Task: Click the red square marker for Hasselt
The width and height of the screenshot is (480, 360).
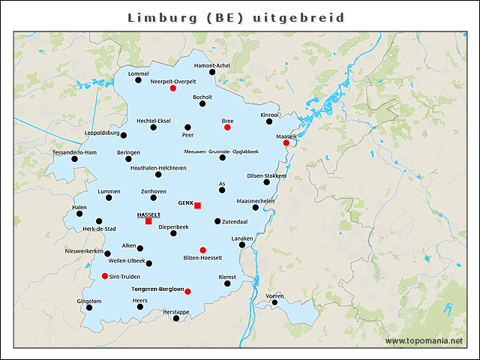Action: point(148,221)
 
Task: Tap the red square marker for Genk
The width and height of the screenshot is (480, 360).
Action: point(198,205)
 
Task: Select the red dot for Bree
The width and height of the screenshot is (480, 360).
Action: point(227,127)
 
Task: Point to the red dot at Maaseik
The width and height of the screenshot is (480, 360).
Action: point(286,143)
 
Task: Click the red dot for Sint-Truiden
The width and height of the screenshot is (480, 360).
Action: point(104,276)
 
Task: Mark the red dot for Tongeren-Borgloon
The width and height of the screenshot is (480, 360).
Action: point(187,292)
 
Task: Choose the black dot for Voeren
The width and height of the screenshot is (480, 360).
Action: point(274,303)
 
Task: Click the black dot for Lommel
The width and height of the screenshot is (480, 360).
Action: point(138,80)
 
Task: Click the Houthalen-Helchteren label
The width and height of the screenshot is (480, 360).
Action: point(157,168)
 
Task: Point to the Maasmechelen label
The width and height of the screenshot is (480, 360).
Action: point(255,201)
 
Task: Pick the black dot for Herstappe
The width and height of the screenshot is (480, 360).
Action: point(176,318)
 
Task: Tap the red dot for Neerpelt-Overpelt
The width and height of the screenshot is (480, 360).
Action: point(173,88)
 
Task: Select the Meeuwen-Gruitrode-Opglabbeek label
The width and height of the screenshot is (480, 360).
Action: point(221,151)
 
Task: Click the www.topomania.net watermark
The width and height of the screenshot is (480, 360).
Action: point(424,340)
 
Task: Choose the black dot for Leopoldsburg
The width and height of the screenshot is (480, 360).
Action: point(124,135)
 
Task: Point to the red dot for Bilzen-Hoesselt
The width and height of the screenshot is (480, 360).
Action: point(202,250)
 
